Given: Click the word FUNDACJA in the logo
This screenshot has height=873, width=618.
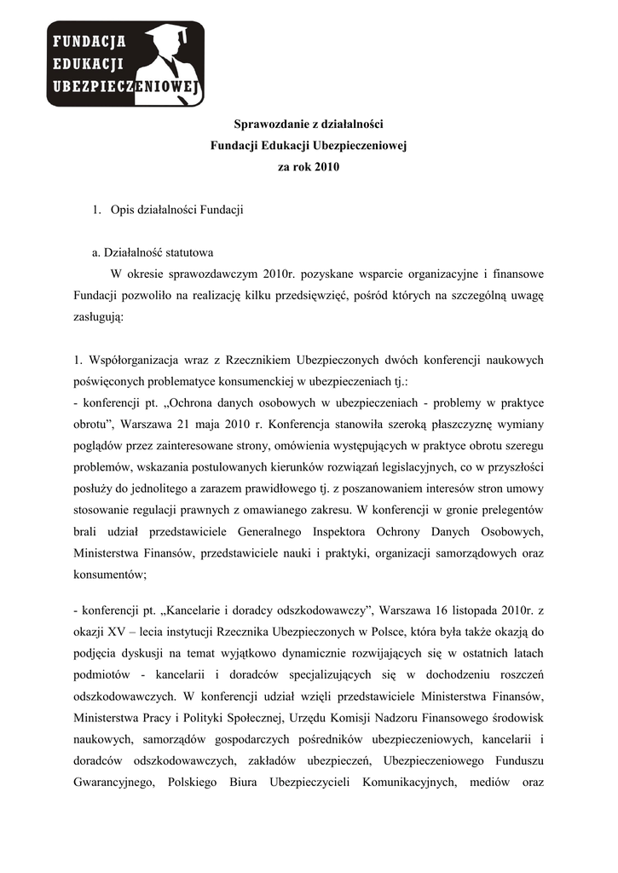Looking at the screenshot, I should coord(90,40).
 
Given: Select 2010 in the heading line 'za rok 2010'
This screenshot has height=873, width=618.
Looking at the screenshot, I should coord(326,167).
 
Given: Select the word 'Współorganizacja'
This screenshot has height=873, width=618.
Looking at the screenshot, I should coord(129,359).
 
